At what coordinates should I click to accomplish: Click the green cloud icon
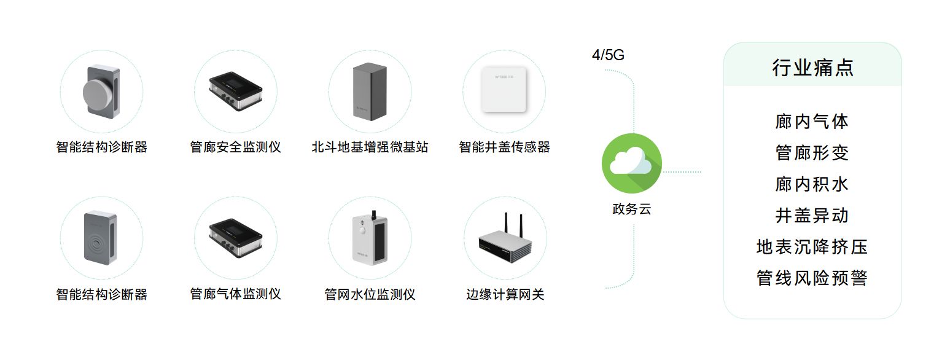631,163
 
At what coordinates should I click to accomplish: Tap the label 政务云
631,209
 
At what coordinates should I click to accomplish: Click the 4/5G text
608,55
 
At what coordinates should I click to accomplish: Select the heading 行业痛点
812,68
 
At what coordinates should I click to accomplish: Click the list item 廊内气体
812,121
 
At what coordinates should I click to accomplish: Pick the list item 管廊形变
812,152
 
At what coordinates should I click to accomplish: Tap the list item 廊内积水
812,184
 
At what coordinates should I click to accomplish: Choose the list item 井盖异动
812,215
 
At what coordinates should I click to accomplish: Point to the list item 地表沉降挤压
812,247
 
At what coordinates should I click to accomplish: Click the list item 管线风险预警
812,278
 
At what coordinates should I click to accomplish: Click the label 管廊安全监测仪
235,147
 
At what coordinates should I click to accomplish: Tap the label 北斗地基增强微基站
370,147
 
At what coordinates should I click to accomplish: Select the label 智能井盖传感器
504,147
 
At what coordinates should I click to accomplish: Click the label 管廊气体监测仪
235,294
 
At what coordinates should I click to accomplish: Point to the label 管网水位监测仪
370,295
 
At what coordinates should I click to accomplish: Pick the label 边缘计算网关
505,295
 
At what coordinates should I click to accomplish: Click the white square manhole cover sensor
504,90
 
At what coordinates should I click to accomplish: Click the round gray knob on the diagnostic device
96,93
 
